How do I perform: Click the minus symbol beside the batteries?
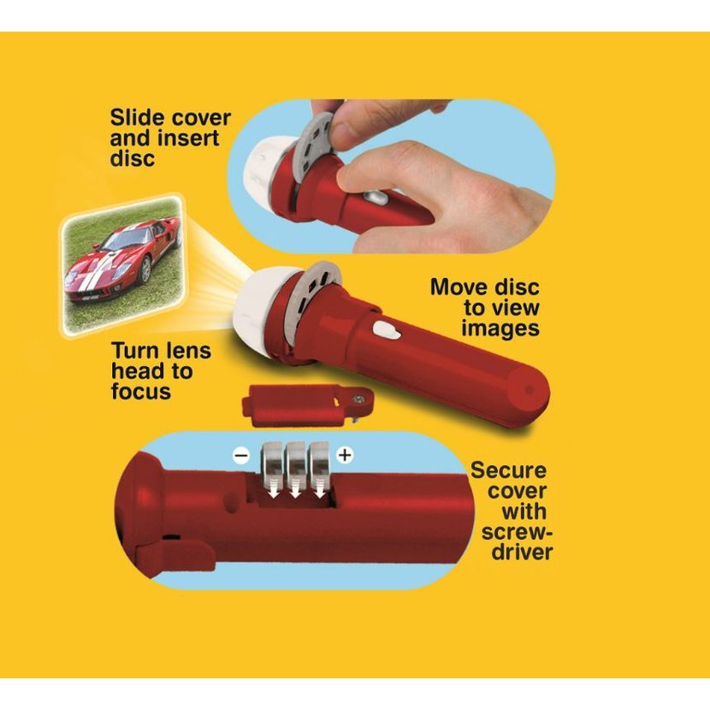241,454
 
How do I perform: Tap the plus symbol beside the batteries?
345,454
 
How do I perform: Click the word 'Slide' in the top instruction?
137,118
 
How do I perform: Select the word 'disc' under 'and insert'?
133,158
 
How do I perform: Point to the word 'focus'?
141,391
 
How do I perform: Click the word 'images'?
500,328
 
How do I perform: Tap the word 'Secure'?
508,470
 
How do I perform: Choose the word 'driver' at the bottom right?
523,552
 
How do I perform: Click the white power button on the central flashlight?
386,331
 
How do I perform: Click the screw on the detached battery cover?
358,399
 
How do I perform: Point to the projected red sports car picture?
123,265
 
